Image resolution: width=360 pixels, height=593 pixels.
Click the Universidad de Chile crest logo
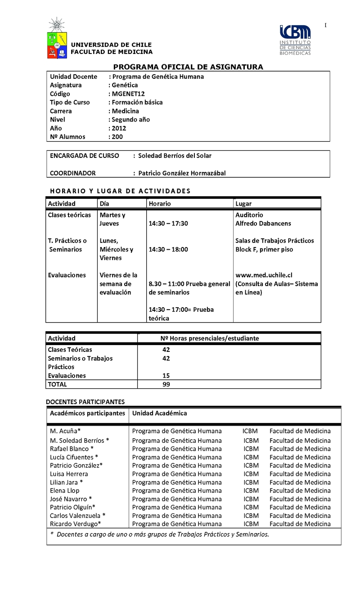tap(57, 39)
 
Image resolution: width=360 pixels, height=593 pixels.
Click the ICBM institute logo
tap(295, 40)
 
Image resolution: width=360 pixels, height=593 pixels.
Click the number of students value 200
tap(117, 137)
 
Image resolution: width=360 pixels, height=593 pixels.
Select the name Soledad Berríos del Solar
tap(175, 156)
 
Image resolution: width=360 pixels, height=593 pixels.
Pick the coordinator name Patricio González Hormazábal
tap(182, 173)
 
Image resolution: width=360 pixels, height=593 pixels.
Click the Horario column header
tap(160, 204)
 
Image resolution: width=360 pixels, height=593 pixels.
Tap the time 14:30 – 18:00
tap(168, 249)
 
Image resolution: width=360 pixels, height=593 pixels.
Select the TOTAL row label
tap(57, 384)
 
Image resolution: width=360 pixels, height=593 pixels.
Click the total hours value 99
tap(166, 384)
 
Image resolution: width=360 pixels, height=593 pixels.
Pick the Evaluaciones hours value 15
tap(166, 376)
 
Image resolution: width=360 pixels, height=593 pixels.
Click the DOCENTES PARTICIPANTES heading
tap(85, 401)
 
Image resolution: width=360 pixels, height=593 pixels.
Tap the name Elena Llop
tap(65, 490)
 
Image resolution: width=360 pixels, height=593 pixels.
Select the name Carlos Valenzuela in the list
tap(75, 516)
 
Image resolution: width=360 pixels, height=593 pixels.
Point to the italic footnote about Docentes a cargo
tap(160, 535)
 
